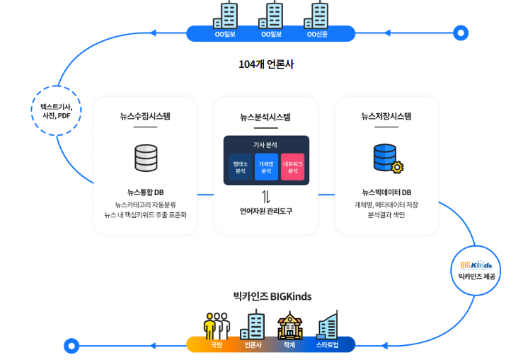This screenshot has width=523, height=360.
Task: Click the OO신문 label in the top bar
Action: pos(316,34)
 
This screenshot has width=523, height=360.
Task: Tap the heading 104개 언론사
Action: pos(266,64)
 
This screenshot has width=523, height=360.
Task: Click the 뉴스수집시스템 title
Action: pos(145,116)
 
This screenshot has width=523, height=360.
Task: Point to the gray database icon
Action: pos(146,158)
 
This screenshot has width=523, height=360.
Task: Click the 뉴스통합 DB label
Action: pos(146,192)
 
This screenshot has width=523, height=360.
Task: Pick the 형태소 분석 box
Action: pos(240,167)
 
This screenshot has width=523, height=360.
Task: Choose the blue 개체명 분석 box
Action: pos(266,167)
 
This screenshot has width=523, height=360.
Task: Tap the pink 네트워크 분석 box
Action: pos(292,167)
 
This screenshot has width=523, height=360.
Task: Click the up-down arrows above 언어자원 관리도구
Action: pos(266,196)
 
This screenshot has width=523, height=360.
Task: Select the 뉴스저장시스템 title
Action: pos(386,116)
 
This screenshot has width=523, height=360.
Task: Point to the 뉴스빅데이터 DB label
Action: pos(386,192)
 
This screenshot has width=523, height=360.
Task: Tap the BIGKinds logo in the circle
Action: pos(476,265)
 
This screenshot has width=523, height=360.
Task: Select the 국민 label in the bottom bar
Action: pos(216,345)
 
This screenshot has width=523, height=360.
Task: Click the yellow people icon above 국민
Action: pos(217,325)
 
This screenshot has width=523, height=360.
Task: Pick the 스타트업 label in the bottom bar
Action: pos(327,345)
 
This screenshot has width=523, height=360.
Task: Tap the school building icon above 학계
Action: pos(289,325)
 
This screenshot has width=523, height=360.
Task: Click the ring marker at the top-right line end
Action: pos(461,33)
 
